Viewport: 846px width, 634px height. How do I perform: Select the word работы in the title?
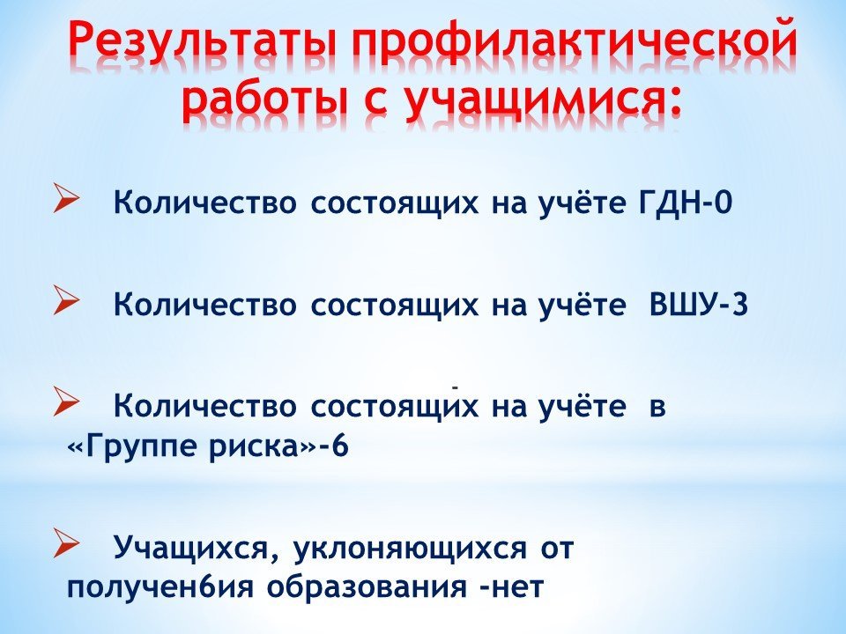(x=263, y=99)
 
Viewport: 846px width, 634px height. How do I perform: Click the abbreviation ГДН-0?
(x=685, y=203)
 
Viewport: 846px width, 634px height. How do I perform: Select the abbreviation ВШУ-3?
(x=698, y=305)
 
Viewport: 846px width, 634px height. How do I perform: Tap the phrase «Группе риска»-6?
(x=208, y=447)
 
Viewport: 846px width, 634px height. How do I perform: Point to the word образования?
(x=368, y=587)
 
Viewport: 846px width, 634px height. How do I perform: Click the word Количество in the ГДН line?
(x=205, y=203)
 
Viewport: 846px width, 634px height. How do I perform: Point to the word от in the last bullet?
(x=557, y=549)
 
